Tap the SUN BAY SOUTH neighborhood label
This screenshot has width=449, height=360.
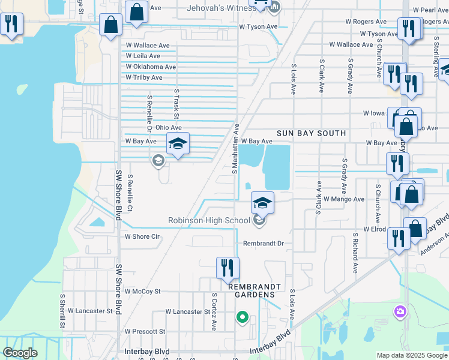tap(311, 133)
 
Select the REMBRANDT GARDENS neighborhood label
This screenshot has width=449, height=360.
tap(251, 290)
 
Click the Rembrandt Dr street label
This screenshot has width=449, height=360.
tap(263, 244)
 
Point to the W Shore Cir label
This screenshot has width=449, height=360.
tap(142, 236)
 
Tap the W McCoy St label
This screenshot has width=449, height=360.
tap(143, 292)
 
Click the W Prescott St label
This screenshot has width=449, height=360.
tap(144, 331)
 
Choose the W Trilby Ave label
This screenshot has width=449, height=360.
tap(144, 78)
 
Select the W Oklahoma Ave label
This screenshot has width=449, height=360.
tap(151, 67)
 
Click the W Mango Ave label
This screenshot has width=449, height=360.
tap(343, 199)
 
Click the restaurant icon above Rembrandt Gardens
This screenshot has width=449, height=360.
tap(228, 268)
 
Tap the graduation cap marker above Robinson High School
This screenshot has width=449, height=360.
tap(262, 203)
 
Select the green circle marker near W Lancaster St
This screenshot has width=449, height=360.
tap(242, 316)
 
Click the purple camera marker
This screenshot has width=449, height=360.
tap(400, 311)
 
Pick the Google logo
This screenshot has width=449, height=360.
tap(20, 353)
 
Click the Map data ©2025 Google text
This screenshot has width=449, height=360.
tap(412, 355)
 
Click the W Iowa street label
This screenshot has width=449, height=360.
tap(373, 113)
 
